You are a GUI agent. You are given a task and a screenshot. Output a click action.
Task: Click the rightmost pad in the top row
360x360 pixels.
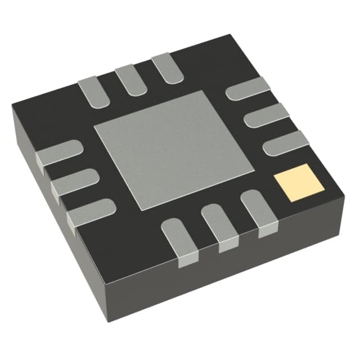167,66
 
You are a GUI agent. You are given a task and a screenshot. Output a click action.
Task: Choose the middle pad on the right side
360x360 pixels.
268,116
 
